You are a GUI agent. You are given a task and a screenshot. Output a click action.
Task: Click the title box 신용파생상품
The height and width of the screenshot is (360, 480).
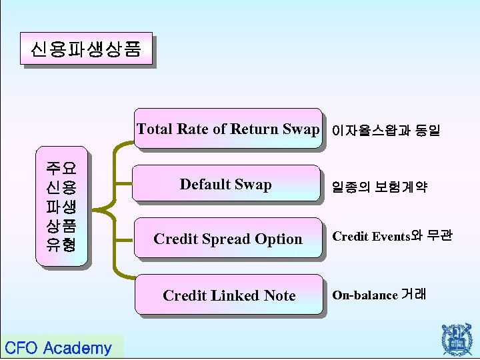click(86, 50)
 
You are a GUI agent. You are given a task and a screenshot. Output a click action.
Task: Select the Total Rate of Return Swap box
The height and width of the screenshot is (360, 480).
click(227, 129)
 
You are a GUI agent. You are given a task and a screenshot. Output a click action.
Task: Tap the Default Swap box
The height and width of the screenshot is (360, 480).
click(226, 184)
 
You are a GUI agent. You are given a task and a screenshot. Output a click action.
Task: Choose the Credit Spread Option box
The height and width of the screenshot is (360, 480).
click(227, 239)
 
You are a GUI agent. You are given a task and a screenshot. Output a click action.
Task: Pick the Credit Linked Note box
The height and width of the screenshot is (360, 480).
click(229, 295)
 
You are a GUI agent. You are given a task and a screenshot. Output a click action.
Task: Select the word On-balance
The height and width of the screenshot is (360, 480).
click(365, 295)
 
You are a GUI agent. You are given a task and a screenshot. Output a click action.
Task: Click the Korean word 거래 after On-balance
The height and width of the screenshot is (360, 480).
click(414, 294)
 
